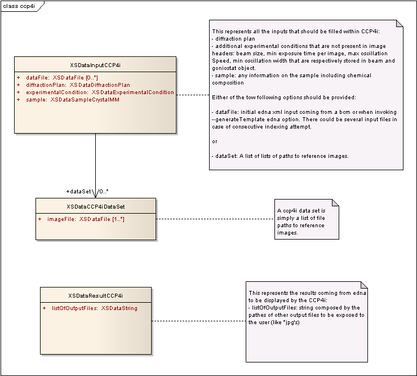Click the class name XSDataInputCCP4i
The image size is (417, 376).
[95, 65]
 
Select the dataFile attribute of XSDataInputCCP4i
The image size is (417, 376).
[62, 78]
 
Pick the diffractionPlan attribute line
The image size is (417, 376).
[78, 85]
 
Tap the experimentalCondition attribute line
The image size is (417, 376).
[100, 92]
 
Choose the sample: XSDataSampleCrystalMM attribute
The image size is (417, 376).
[73, 100]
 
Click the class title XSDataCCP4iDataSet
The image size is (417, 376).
[95, 207]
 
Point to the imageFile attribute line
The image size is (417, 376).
[86, 219]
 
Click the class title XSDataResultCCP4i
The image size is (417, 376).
[95, 295]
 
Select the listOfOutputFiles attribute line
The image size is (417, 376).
[95, 308]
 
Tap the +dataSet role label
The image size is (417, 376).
[79, 192]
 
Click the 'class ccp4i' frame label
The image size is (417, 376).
[19, 6]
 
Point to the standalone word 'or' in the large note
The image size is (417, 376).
[215, 141]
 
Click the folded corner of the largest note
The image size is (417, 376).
[400, 24]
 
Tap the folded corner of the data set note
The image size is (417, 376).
[335, 203]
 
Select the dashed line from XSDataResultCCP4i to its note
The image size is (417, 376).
[199, 321]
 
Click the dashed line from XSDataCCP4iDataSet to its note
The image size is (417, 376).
[215, 219]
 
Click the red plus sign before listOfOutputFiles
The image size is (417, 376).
[44, 308]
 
